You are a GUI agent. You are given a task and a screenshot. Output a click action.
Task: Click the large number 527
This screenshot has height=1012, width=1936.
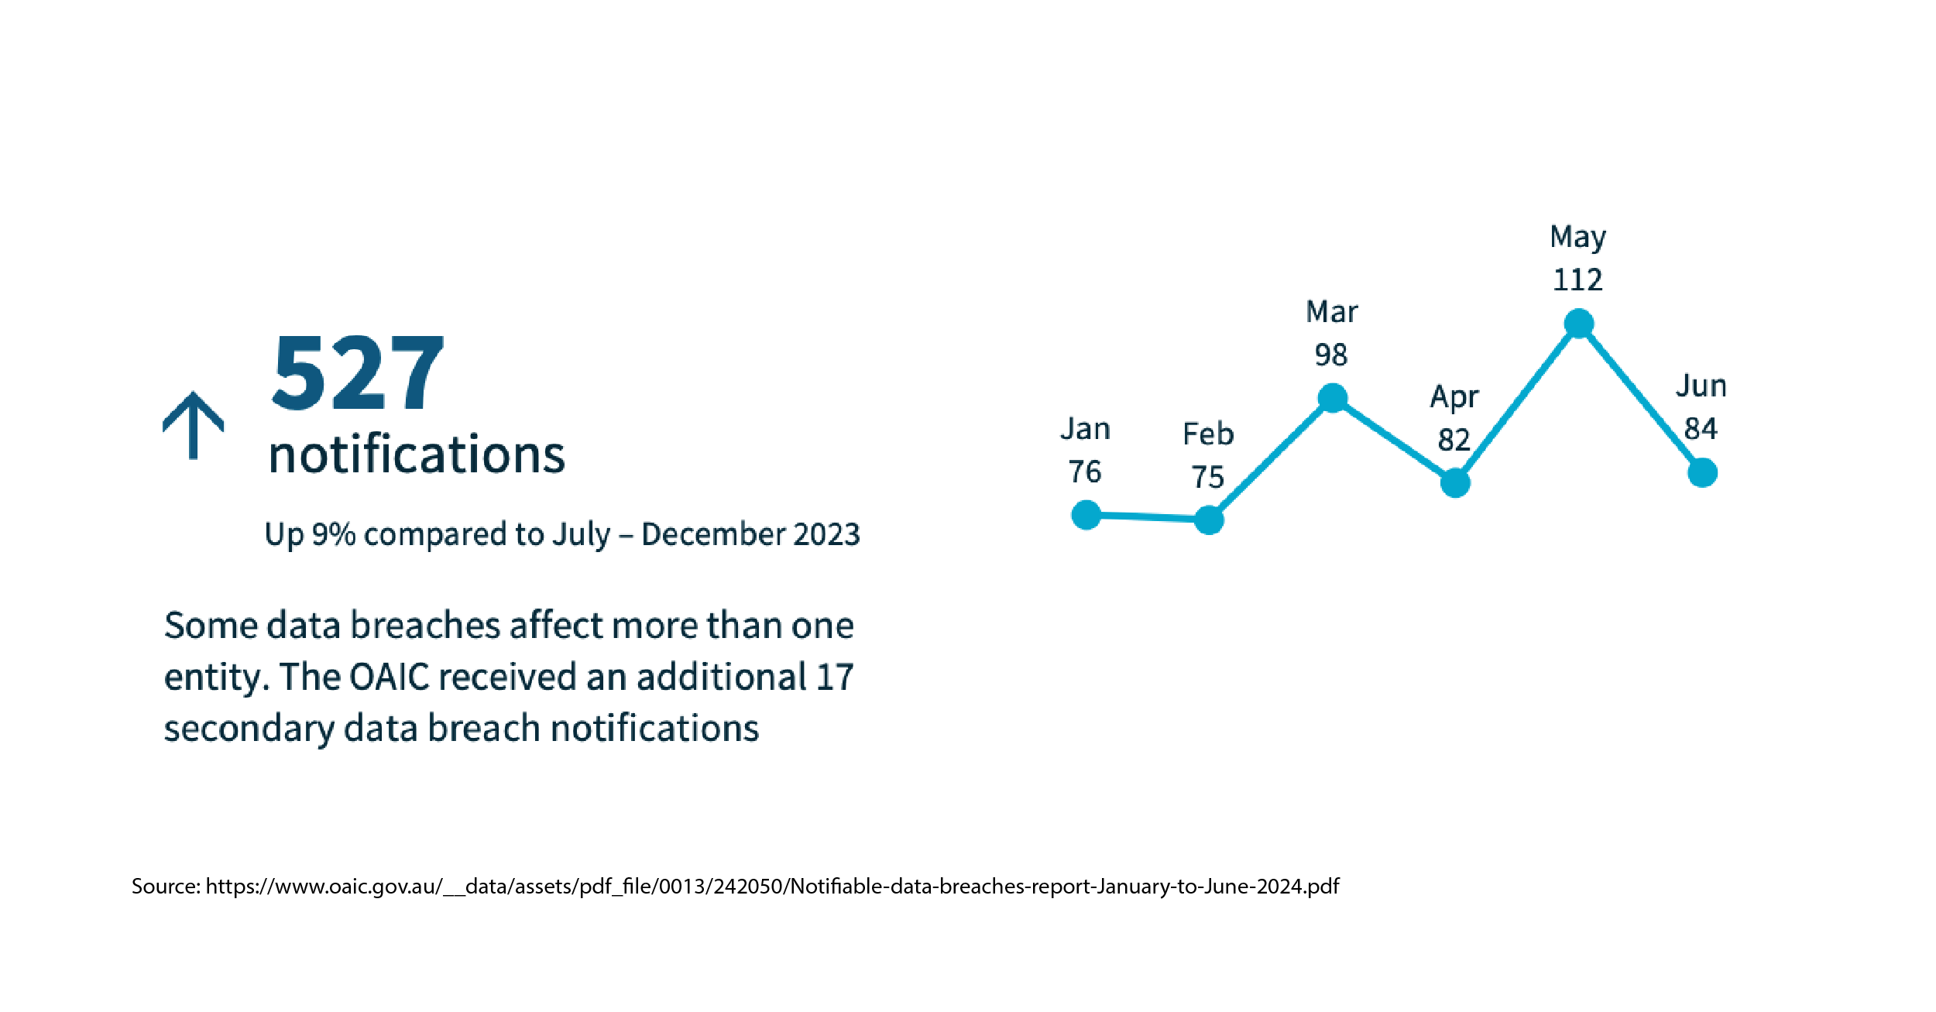(x=358, y=372)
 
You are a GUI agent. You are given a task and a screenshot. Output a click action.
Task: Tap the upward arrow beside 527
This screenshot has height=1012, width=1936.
(x=194, y=425)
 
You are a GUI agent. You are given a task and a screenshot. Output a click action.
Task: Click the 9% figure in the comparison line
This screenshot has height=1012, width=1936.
(x=333, y=534)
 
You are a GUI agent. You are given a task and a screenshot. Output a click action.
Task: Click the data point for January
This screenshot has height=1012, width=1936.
(x=1086, y=514)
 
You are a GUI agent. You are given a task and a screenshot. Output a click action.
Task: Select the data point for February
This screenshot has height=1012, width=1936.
(x=1209, y=520)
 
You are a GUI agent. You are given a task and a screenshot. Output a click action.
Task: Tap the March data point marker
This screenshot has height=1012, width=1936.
(x=1333, y=398)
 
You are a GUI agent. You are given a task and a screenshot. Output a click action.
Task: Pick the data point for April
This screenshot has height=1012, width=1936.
(x=1455, y=482)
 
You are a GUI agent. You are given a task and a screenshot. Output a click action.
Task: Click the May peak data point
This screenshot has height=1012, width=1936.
(x=1579, y=323)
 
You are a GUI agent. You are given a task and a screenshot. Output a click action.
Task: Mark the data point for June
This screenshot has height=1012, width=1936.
(x=1702, y=472)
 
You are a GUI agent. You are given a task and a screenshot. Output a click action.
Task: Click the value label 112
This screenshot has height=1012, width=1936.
(x=1577, y=280)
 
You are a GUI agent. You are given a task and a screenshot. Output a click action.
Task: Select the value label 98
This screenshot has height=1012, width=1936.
(x=1331, y=355)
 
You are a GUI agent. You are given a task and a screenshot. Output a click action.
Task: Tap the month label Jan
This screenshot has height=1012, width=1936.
(x=1085, y=429)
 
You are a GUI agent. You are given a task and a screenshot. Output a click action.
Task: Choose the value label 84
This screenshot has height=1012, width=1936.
(x=1701, y=429)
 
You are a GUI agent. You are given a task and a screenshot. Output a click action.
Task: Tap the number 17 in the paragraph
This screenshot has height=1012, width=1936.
(x=835, y=677)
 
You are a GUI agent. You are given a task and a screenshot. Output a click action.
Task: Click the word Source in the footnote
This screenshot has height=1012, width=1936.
(x=166, y=886)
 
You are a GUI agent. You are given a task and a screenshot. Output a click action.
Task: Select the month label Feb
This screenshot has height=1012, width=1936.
(x=1208, y=434)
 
